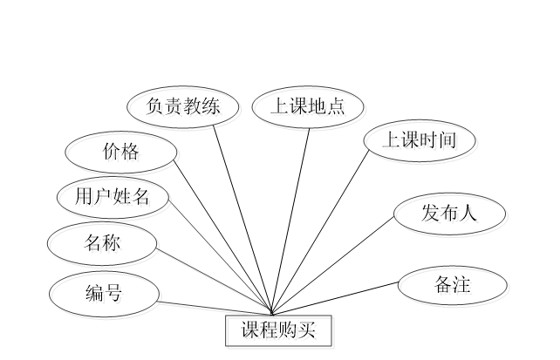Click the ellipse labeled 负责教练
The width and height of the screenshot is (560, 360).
[x=184, y=109]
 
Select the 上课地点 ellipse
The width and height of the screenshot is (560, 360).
[x=310, y=109]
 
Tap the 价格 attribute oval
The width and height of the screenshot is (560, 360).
[x=123, y=155]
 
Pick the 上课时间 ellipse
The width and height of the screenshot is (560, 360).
[x=421, y=142]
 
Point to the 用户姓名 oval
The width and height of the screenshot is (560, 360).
[x=114, y=200]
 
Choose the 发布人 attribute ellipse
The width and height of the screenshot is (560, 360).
[x=451, y=215]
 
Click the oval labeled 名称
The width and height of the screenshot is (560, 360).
[x=104, y=246]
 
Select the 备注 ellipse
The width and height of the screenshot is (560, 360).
[x=454, y=287]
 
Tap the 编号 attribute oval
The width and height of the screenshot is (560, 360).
[x=106, y=295]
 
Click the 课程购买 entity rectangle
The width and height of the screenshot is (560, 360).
[x=280, y=332]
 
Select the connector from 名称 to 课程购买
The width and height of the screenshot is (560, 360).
[x=214, y=281]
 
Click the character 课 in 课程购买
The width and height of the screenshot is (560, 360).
[x=252, y=332]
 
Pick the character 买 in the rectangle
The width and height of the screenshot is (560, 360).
[x=309, y=332]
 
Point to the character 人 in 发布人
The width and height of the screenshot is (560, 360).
[x=471, y=215]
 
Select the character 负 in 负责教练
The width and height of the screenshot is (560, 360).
[x=157, y=109]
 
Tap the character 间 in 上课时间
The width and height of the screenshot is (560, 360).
[x=448, y=142]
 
